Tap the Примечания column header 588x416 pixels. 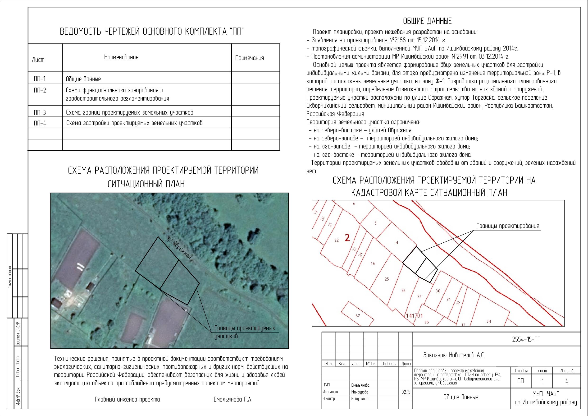pyautogui.click(x=249, y=58)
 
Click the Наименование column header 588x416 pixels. pyautogui.click(x=121, y=57)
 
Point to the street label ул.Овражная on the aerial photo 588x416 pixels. pyautogui.click(x=179, y=248)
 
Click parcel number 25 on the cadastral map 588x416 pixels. pyautogui.click(x=387, y=279)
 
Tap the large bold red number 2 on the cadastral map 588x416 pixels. pyautogui.click(x=347, y=238)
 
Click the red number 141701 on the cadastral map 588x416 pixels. pyautogui.click(x=414, y=316)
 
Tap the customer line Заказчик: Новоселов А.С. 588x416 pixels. pyautogui.click(x=454, y=355)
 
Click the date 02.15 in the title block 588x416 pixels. pyautogui.click(x=406, y=392)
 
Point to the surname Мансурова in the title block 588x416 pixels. pyautogui.click(x=360, y=392)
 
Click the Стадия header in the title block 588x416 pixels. pyautogui.click(x=521, y=371)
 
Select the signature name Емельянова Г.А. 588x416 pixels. pyautogui.click(x=233, y=399)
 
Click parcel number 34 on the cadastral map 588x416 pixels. pyautogui.click(x=489, y=321)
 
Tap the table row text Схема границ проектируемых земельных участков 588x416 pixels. pyautogui.click(x=130, y=112)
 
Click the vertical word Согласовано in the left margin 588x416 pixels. pyautogui.click(x=10, y=277)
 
